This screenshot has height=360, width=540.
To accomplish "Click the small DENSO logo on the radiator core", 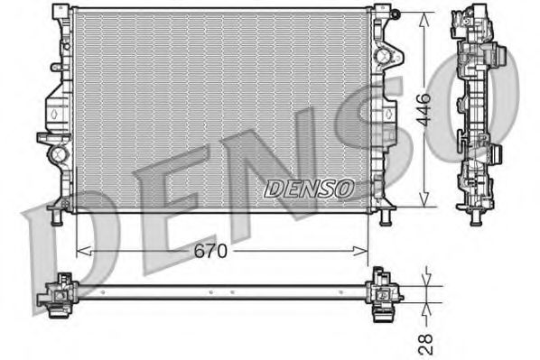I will pos(309,188).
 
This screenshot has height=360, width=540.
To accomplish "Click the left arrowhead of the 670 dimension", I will pos(80,249).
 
